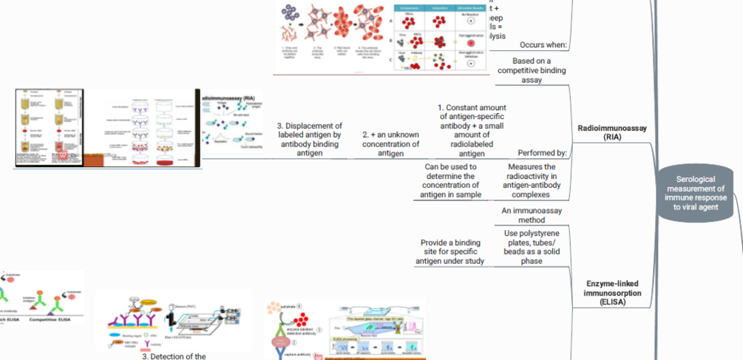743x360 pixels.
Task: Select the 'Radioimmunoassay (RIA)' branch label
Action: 611,132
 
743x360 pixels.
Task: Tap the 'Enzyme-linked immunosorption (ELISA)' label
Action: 612,293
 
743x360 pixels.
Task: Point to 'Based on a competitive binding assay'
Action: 532,70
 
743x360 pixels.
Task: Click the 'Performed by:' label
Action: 542,153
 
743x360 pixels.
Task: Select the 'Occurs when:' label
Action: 543,44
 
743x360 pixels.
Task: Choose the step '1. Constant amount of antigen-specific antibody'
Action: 472,130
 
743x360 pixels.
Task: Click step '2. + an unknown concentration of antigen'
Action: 391,144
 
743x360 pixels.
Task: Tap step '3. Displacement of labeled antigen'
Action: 309,140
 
